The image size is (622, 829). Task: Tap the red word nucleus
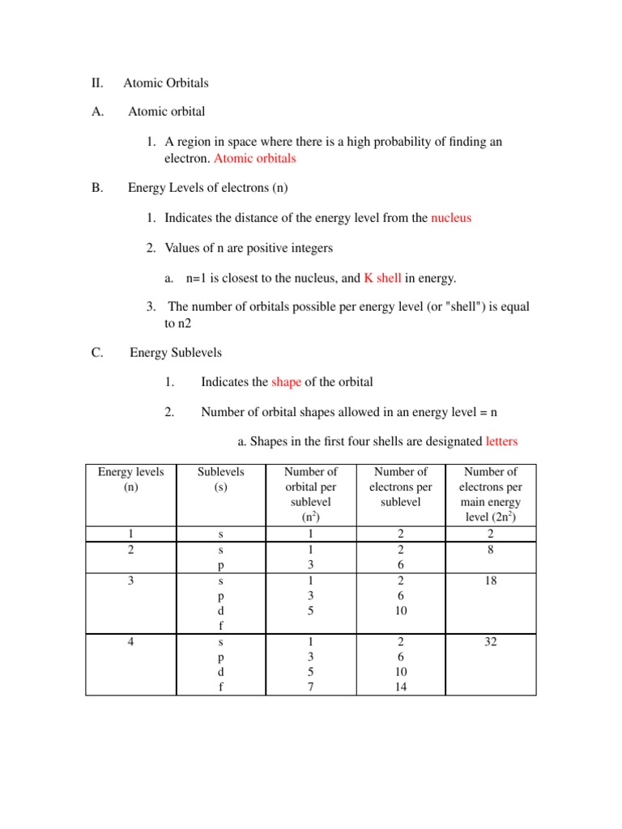coord(451,218)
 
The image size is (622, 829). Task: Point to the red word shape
coord(286,381)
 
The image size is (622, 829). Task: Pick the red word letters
coord(501,441)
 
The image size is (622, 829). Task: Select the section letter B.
coord(97,188)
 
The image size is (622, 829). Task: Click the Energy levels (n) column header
coord(130,479)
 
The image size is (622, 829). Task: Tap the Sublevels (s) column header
coord(220,479)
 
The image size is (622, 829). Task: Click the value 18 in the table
coord(491,580)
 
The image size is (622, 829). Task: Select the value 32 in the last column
coord(491,641)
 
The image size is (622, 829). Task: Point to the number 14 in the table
coord(400,687)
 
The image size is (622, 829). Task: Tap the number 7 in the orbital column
coord(309,687)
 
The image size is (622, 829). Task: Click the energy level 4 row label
coord(130,641)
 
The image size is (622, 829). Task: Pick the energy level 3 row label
coord(130,580)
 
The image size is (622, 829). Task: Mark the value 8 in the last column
coord(491,549)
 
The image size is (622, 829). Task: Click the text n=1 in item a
coord(199,278)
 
